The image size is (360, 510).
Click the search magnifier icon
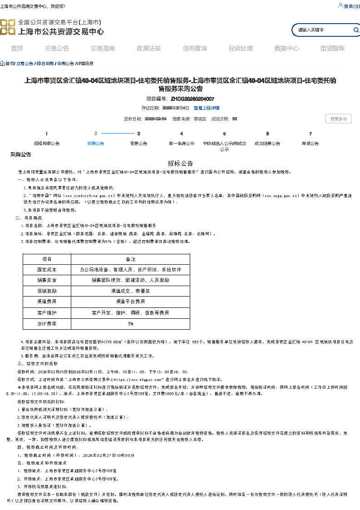point(356,30)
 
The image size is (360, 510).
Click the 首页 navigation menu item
point(17,49)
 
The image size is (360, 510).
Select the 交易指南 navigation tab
point(103,49)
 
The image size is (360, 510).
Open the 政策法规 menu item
point(148,49)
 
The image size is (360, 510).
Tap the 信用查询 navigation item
point(195,49)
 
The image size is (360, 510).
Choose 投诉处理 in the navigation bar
point(241,49)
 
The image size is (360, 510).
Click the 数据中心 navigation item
point(286,49)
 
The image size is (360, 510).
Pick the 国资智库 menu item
point(332,49)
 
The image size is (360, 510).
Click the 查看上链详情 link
point(207,108)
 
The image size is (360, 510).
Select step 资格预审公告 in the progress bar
point(47,144)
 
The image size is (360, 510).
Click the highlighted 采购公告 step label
point(95,144)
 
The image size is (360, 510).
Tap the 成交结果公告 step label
point(267,144)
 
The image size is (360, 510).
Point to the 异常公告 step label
point(310,144)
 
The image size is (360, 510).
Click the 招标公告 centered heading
point(180,163)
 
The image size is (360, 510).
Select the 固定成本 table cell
point(47,270)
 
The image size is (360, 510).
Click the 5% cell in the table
point(130,324)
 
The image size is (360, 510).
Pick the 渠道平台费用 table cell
point(130,302)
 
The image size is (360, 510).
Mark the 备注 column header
point(130,259)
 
